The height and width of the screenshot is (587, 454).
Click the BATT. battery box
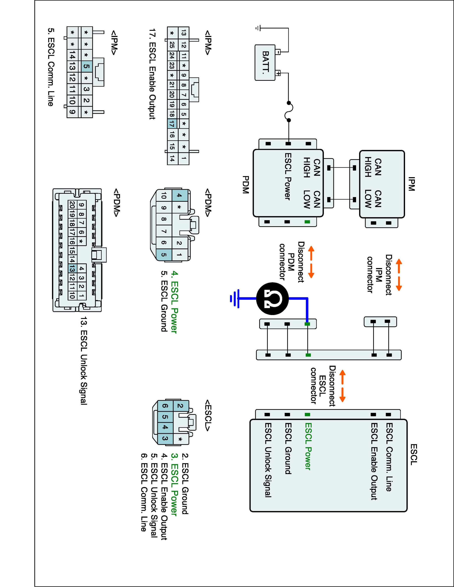(x=265, y=63)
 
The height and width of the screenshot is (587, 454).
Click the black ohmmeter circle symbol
(x=272, y=299)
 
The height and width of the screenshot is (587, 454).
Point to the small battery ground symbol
(x=259, y=28)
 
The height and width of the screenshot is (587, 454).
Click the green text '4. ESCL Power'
(x=174, y=302)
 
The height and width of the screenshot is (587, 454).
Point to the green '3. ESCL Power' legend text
(x=174, y=484)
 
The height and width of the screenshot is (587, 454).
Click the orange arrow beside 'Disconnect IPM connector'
(x=399, y=275)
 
